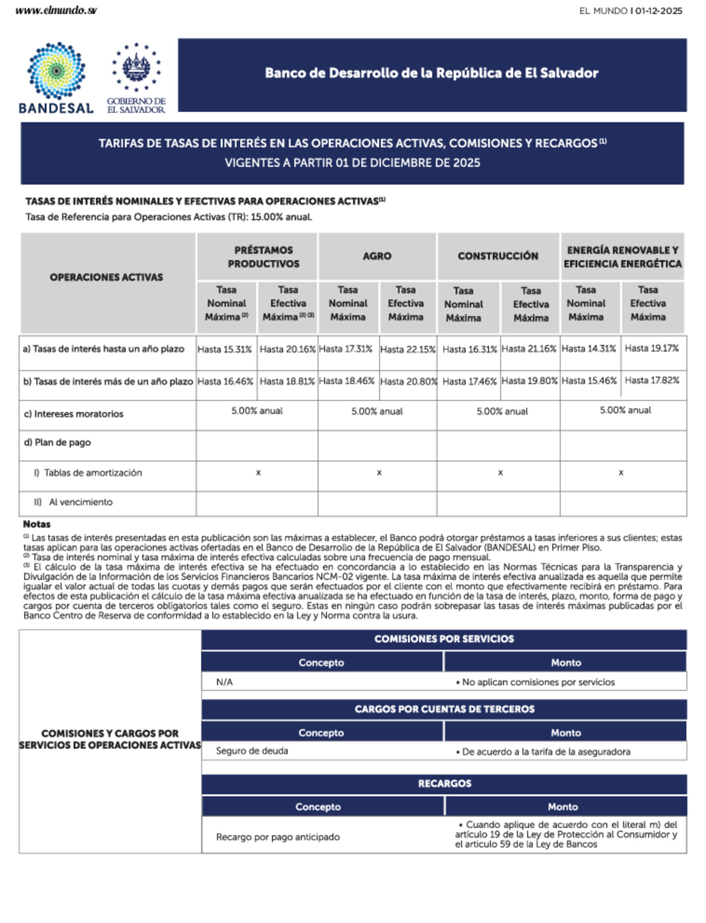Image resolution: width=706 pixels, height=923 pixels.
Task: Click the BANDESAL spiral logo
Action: pyautogui.click(x=56, y=71)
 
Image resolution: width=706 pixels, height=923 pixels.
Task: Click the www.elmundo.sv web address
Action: pyautogui.click(x=56, y=10)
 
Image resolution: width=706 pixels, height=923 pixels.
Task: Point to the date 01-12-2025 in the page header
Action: pyautogui.click(x=659, y=11)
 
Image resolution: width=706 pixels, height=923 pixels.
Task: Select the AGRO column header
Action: pyautogui.click(x=377, y=256)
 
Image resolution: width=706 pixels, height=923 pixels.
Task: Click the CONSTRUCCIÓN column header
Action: pyautogui.click(x=498, y=256)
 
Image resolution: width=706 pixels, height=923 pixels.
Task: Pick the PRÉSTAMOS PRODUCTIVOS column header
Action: pyautogui.click(x=263, y=257)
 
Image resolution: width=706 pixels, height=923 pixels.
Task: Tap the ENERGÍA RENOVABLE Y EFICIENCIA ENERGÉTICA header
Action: pyautogui.click(x=622, y=257)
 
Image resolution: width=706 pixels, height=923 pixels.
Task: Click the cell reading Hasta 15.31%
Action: pyautogui.click(x=225, y=349)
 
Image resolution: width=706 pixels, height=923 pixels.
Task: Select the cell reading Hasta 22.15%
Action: pyautogui.click(x=408, y=349)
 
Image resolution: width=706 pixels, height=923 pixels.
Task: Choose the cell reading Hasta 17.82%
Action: pyautogui.click(x=652, y=380)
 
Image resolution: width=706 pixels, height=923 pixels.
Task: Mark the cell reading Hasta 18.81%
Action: pyautogui.click(x=287, y=381)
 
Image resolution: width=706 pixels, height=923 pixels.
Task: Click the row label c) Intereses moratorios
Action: pyautogui.click(x=74, y=414)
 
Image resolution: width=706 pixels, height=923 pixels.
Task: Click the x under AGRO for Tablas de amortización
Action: pyautogui.click(x=379, y=473)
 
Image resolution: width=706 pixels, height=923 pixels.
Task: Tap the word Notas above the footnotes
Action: pyautogui.click(x=37, y=524)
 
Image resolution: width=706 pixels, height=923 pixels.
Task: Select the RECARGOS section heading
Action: pyautogui.click(x=444, y=783)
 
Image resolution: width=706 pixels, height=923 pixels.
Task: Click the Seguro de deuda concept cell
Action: pyautogui.click(x=252, y=751)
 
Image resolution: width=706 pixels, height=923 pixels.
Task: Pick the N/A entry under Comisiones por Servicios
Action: pyautogui.click(x=224, y=682)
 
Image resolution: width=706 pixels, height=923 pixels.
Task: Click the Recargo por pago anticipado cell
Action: pyautogui.click(x=277, y=837)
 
